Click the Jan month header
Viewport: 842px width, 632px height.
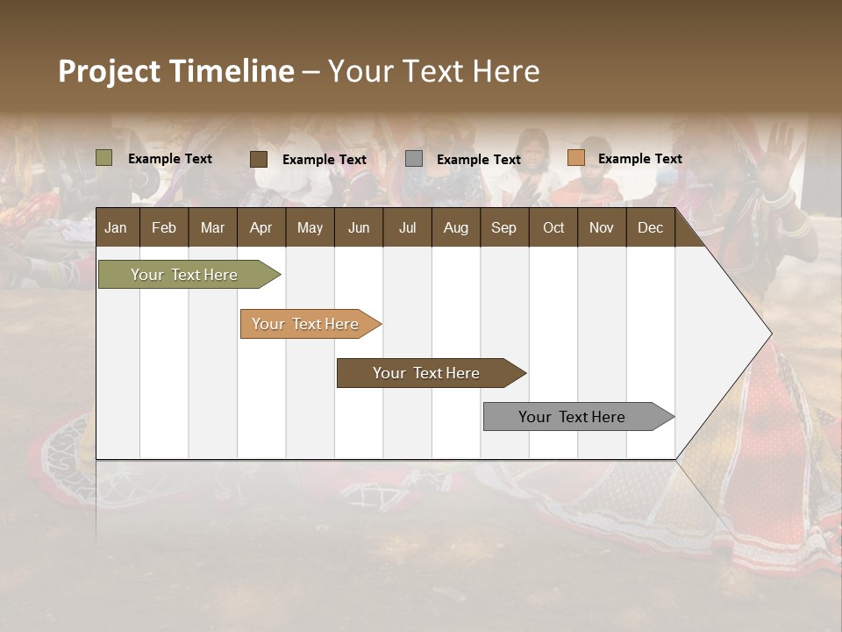click(x=116, y=227)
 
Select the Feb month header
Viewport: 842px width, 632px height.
click(x=164, y=227)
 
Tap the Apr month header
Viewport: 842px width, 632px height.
click(x=260, y=227)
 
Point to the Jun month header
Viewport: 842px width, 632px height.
click(x=359, y=227)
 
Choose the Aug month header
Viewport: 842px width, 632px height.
click(x=455, y=227)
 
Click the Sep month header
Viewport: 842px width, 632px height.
click(x=503, y=227)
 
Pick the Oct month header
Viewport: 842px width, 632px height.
click(x=553, y=227)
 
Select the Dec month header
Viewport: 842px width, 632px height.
click(x=650, y=227)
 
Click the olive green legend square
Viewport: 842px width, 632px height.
click(x=104, y=158)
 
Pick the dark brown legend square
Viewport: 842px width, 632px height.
click(x=259, y=159)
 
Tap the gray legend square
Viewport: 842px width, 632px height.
click(x=414, y=159)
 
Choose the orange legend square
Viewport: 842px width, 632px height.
click(x=576, y=158)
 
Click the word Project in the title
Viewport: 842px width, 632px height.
click(x=110, y=71)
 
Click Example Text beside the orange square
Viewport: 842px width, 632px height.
click(x=639, y=159)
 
